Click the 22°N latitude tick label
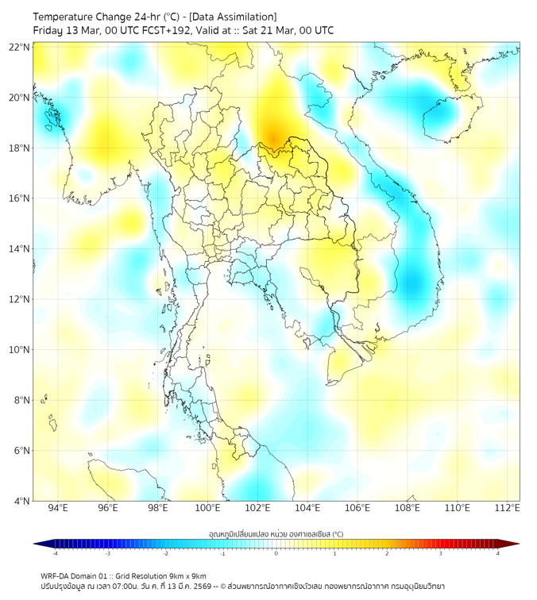coord(20,47)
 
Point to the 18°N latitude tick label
coord(20,148)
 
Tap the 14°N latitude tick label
coord(20,248)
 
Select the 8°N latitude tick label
coord(20,400)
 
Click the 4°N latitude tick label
coord(20,501)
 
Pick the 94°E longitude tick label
coord(58,509)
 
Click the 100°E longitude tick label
coord(207,509)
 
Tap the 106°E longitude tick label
coord(357,509)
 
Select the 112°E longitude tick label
coord(508,509)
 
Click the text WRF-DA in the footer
coord(55,575)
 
